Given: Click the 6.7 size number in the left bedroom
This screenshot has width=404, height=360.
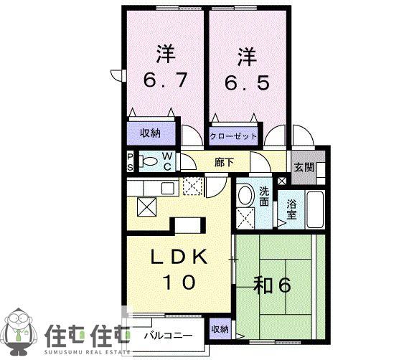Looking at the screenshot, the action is click(165, 80).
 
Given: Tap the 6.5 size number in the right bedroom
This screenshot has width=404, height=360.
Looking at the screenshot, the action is click(248, 82).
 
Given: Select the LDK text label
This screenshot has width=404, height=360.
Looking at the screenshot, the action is click(179, 257).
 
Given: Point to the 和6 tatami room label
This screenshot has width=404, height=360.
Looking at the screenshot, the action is click(273, 285).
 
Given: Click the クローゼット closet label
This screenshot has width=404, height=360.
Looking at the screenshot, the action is click(233, 136).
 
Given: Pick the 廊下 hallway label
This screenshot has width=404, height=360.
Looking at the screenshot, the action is click(225, 163).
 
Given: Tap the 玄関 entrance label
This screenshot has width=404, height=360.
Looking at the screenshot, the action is click(304, 167).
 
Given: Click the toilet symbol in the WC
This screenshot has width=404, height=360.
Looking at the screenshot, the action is click(149, 162).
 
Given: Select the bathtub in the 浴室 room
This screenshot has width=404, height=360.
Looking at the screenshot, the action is click(315, 209).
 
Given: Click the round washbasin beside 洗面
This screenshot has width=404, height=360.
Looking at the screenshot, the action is click(246, 196).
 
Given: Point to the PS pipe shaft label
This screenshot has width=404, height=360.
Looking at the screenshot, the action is click(130, 162).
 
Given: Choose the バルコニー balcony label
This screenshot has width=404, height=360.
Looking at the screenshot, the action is click(168, 336).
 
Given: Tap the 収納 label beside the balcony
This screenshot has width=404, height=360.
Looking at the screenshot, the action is click(220, 329).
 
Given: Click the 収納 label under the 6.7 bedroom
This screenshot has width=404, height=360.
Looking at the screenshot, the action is click(150, 133).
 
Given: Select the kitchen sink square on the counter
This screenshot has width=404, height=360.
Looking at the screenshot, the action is click(168, 188).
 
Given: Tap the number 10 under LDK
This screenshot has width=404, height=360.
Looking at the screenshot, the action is click(178, 283).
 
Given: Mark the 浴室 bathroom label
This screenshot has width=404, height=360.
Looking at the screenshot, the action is click(291, 210).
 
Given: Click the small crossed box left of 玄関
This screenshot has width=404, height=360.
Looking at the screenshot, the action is click(281, 181).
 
